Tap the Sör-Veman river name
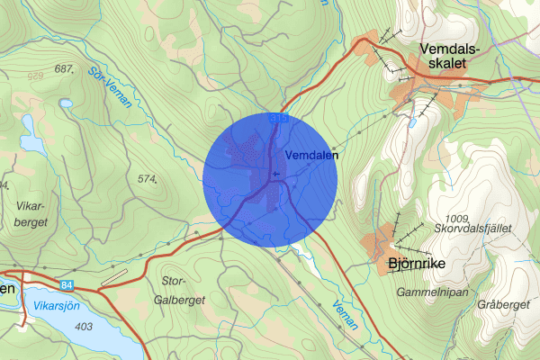[x=111, y=86]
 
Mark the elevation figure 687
[x=63, y=69]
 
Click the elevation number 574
[x=148, y=179]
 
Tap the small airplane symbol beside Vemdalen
[x=274, y=175]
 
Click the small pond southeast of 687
[x=65, y=103]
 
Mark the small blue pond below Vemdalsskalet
[x=412, y=122]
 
